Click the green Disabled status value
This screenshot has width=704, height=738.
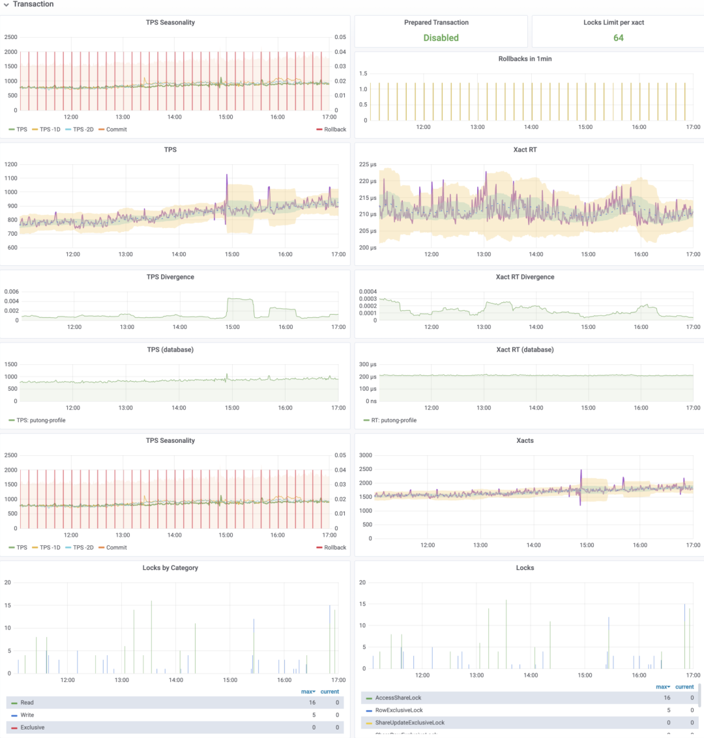click(441, 38)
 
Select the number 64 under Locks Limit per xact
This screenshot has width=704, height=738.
click(618, 38)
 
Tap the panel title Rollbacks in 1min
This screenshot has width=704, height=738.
click(525, 59)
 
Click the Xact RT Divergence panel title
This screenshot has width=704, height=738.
click(525, 277)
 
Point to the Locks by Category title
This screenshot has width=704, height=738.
click(170, 568)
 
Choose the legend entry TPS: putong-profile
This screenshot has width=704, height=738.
click(40, 420)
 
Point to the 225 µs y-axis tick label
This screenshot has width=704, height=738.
click(368, 164)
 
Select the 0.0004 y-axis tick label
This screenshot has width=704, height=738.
click(367, 292)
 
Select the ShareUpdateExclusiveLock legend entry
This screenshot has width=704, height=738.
click(410, 722)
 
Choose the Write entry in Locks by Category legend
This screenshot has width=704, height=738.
click(27, 715)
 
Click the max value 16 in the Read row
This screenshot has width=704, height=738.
click(312, 703)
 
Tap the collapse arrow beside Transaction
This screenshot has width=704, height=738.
click(6, 5)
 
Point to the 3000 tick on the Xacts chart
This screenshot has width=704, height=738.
click(366, 455)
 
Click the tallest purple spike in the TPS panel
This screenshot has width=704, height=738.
click(227, 175)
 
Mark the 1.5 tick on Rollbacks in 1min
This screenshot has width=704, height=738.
click(363, 74)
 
